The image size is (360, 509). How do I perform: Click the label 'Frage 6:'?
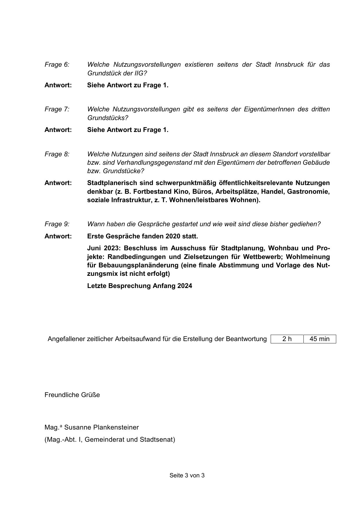[x=57, y=64]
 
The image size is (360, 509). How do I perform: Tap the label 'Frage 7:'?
[x=57, y=109]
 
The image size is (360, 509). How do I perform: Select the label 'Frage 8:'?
[x=57, y=154]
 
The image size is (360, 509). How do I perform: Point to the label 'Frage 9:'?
[x=57, y=224]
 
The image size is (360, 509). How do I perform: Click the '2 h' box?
[x=287, y=339]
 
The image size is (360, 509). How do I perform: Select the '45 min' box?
[x=319, y=339]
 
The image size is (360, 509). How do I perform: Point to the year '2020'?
[x=173, y=236]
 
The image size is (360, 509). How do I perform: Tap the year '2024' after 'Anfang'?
[x=185, y=286]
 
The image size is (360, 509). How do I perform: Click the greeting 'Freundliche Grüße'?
[x=72, y=395]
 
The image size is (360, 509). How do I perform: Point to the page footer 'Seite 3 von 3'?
[x=187, y=475]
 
